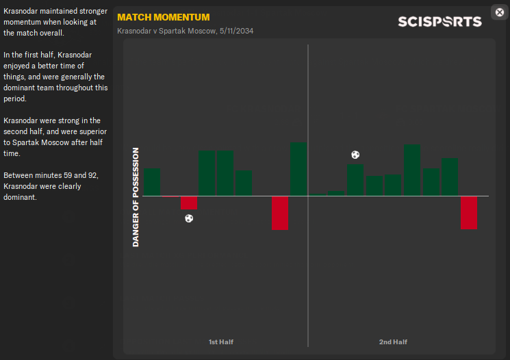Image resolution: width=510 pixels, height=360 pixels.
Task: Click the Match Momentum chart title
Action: tap(164, 17)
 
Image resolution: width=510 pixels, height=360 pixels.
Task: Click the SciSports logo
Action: tap(439, 21)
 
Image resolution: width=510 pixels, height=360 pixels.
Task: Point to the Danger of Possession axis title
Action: tap(136, 197)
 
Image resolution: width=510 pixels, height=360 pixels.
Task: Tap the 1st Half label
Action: tap(221, 342)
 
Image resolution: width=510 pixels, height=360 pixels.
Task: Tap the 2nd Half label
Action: tap(393, 342)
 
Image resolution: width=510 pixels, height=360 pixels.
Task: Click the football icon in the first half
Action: tap(189, 218)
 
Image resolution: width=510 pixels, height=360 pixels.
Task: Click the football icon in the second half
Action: tap(355, 155)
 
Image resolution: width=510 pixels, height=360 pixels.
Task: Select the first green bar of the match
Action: tap(152, 182)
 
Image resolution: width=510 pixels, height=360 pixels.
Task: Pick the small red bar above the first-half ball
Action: tap(189, 203)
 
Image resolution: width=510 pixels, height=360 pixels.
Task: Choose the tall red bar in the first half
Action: tap(280, 213)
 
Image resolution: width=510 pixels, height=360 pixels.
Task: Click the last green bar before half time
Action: tap(298, 169)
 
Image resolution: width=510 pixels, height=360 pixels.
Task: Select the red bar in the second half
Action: tap(469, 213)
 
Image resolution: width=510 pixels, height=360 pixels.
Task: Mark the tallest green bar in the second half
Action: tap(411, 170)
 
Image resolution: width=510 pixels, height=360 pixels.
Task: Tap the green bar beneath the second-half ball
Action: tap(355, 180)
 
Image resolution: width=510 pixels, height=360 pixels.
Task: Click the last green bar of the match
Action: tap(450, 177)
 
